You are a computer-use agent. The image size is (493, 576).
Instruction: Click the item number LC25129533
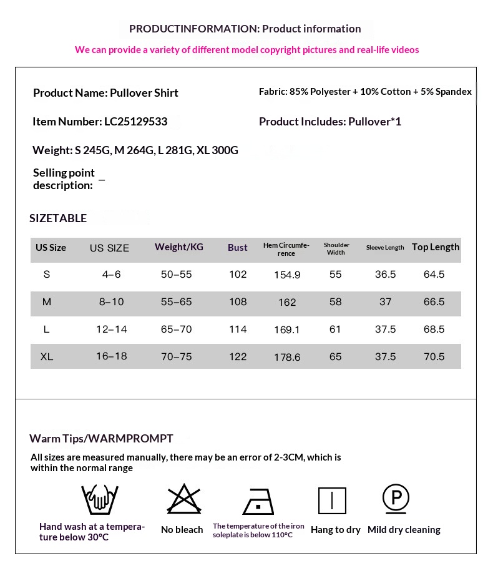point(137,122)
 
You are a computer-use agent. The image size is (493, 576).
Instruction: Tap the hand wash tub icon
point(100,499)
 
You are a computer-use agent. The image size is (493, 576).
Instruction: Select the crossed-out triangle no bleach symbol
point(184,499)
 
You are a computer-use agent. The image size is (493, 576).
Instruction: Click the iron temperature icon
point(258,500)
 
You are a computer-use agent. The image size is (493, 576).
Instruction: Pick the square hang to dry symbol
point(332,500)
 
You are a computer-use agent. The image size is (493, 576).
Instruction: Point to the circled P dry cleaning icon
point(396,499)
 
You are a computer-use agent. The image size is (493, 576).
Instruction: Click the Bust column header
point(237,248)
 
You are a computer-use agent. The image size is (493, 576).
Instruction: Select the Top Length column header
point(435,247)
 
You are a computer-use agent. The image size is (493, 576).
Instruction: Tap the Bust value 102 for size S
point(238,275)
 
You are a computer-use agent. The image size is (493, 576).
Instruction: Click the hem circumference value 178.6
point(287,358)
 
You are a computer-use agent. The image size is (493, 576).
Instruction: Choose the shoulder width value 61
point(335,329)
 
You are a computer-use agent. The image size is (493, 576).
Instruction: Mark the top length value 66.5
point(434,302)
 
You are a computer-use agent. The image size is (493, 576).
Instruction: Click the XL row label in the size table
point(46,357)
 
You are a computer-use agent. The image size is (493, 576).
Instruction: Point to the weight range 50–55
point(177,275)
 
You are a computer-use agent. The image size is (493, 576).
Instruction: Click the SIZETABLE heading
point(58,218)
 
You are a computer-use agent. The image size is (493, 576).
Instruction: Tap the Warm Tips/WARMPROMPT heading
point(101,439)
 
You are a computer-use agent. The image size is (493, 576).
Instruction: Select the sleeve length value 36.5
point(385,275)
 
